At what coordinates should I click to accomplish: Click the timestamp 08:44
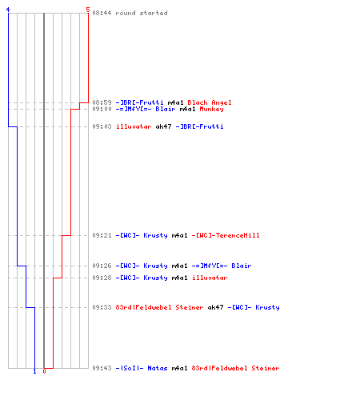point(102,13)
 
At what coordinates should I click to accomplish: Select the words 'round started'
point(142,13)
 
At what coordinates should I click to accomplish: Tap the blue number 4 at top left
point(8,10)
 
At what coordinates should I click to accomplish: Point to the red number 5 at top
point(88,10)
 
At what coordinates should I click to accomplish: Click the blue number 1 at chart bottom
point(34,371)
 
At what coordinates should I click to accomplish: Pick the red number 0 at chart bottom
point(44,371)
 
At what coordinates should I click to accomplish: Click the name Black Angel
point(210,102)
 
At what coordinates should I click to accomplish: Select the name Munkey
point(211,109)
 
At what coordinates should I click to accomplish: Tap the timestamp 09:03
point(102,126)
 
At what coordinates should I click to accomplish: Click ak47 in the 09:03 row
point(163,126)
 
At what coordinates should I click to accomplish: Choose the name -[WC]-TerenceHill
point(226,235)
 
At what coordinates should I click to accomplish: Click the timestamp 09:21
point(102,235)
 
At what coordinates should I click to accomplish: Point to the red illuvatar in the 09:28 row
point(210,278)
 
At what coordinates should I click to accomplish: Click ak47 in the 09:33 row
point(215,307)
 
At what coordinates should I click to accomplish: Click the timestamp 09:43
point(102,368)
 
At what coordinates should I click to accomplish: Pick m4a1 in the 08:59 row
point(175,102)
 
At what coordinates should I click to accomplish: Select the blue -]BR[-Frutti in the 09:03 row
point(199,126)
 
